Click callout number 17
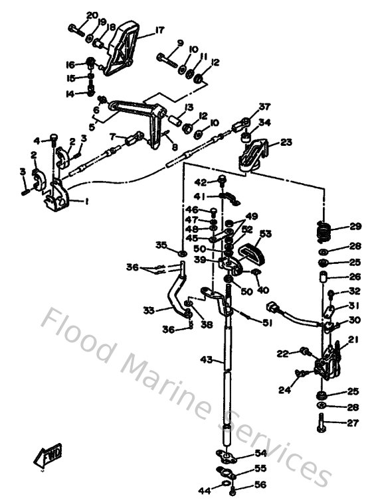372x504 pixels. coord(159,30)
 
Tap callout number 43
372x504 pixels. coord(207,360)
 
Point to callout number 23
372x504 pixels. coord(286,142)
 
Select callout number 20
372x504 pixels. coord(92,15)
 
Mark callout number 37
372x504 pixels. coord(266,107)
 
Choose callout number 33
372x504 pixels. coord(149,309)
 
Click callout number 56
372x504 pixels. coord(260,485)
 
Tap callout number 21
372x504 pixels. coord(353,339)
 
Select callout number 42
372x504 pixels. coord(201,182)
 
